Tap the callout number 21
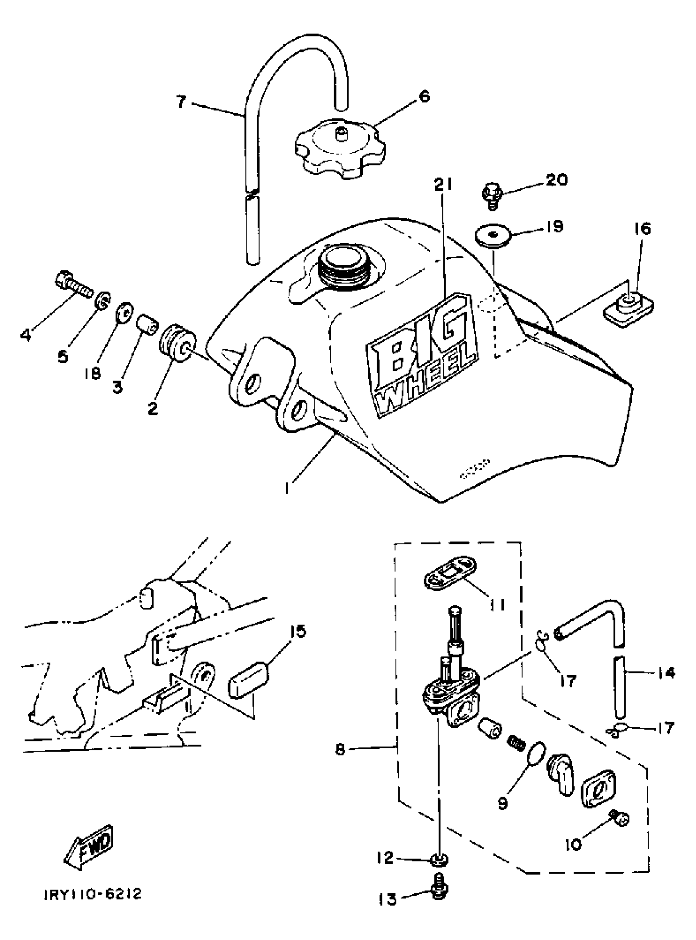point(443,184)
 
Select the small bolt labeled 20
point(490,195)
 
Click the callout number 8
point(340,750)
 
